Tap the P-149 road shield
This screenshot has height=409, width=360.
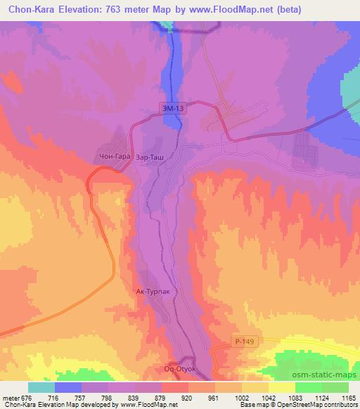(242, 341)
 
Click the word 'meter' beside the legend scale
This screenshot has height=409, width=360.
(11, 397)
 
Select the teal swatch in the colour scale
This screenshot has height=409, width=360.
(41, 387)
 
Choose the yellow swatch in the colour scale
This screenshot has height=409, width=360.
(281, 387)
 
